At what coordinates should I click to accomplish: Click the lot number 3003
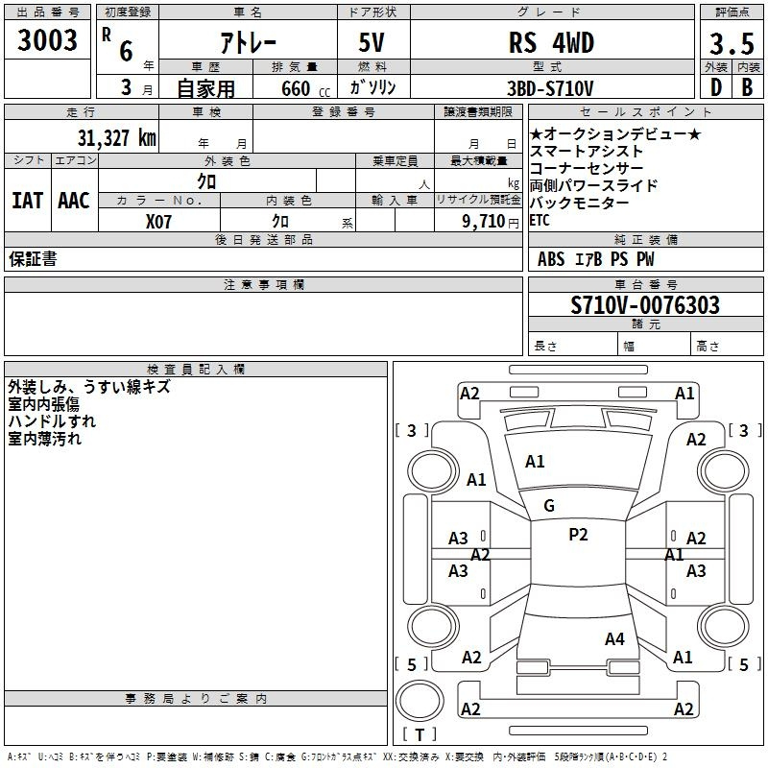[47, 41]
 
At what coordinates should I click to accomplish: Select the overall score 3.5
[729, 45]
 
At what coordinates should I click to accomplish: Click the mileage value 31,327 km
[116, 137]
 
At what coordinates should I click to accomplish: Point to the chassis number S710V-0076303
[644, 305]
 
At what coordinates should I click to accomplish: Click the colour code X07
[159, 221]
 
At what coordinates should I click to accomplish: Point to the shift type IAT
[28, 200]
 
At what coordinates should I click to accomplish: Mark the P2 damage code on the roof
[578, 535]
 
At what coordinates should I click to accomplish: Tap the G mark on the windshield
[549, 506]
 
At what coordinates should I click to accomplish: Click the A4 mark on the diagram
[614, 638]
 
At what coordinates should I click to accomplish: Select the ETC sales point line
[540, 220]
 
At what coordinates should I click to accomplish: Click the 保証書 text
[33, 259]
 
